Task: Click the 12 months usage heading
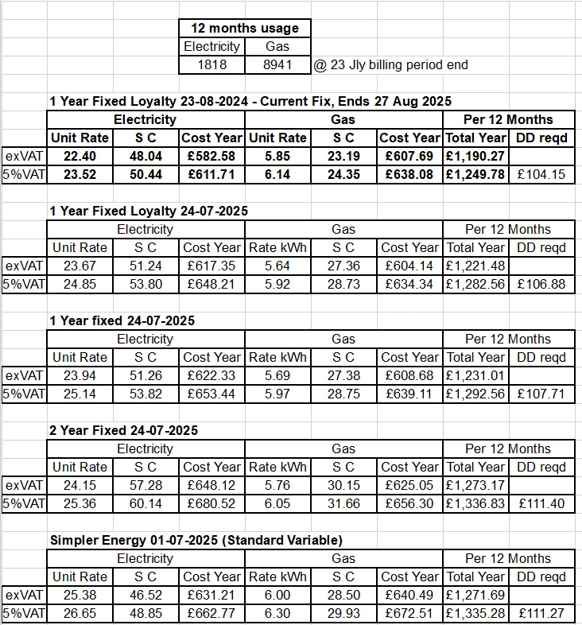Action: pyautogui.click(x=244, y=29)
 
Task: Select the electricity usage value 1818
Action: pyautogui.click(x=211, y=64)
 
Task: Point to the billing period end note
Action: pyautogui.click(x=390, y=64)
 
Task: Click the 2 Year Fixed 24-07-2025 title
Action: pyautogui.click(x=124, y=430)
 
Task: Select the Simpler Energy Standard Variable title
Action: pyautogui.click(x=196, y=540)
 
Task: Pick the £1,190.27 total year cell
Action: pyautogui.click(x=475, y=156)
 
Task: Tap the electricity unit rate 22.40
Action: pyautogui.click(x=79, y=156)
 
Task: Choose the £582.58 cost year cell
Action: pyautogui.click(x=211, y=156)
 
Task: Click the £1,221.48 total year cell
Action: pyautogui.click(x=475, y=266)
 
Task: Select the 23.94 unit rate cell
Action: pyautogui.click(x=79, y=375)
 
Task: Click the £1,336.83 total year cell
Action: pyautogui.click(x=475, y=503)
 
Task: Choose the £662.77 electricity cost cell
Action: pyautogui.click(x=211, y=613)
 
